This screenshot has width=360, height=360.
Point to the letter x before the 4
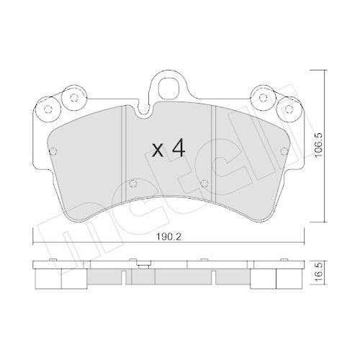(x=158, y=150)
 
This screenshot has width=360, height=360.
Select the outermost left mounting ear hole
(x=48, y=109)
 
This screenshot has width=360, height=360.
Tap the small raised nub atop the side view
(x=145, y=264)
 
